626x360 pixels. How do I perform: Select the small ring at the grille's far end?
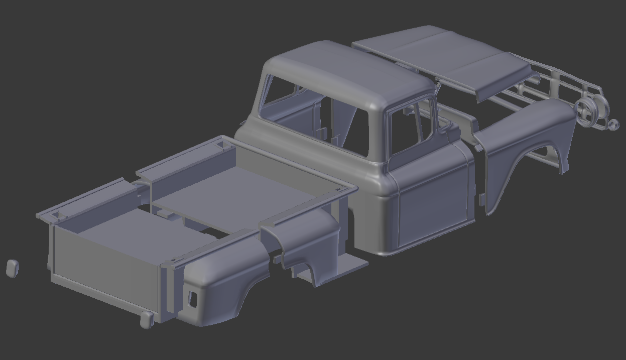click(613, 125)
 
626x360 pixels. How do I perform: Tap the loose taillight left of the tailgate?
click(13, 268)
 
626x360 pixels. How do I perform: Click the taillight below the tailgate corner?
click(147, 319)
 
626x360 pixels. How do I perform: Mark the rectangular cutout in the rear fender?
click(192, 298)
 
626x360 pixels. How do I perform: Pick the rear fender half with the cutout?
click(221, 281)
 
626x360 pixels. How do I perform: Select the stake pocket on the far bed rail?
click(220, 145)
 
